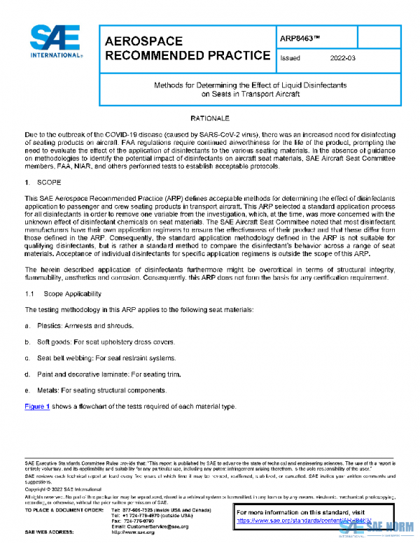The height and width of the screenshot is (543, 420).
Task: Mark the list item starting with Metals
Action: click(98, 390)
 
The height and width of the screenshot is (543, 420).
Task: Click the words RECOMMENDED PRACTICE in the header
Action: click(187, 56)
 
